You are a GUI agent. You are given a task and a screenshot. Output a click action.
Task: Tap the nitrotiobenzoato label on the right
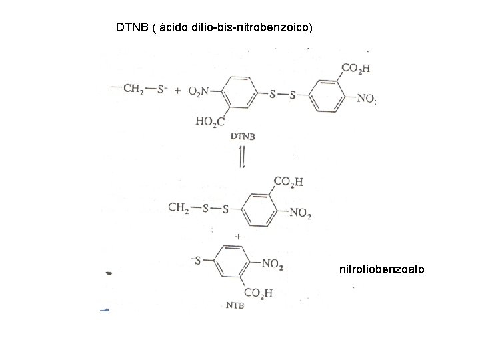[381, 270]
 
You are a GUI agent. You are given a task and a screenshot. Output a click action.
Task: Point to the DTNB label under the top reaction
[243, 135]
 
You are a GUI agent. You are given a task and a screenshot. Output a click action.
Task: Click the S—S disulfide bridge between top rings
[283, 95]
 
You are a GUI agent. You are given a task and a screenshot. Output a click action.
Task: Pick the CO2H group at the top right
[355, 68]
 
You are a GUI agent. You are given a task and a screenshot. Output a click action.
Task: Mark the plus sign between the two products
[239, 237]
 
